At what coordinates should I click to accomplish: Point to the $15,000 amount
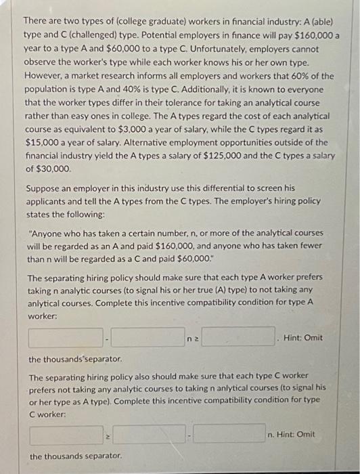(x=46, y=142)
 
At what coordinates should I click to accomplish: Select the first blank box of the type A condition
(x=66, y=337)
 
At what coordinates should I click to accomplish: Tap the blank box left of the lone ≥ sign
(x=66, y=434)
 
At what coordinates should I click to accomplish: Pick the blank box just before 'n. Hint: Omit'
(x=229, y=434)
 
